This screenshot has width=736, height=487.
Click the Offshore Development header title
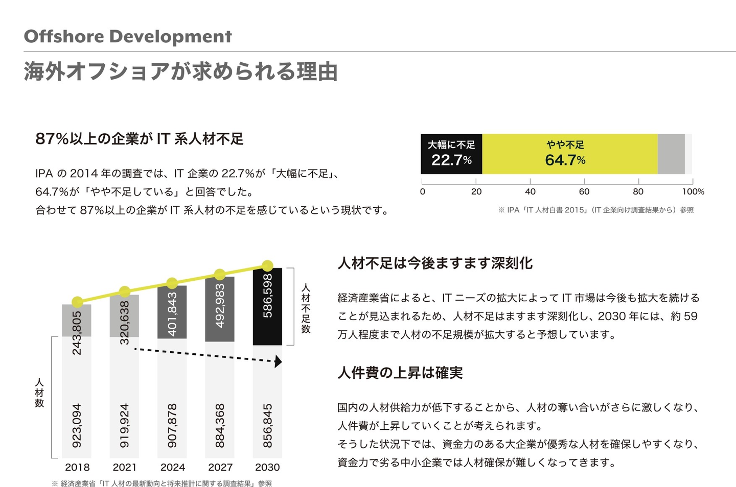[x=128, y=37]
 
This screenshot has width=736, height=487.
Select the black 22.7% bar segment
[x=451, y=154]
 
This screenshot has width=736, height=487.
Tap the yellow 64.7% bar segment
[x=569, y=154]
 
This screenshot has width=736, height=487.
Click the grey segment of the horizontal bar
[x=671, y=154]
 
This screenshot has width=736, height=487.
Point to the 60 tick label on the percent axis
[x=584, y=192]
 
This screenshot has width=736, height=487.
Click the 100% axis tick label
[x=693, y=192]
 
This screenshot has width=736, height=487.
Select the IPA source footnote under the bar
[x=596, y=210]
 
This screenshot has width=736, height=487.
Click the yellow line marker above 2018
[x=77, y=302]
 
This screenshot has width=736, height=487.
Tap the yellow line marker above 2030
[x=267, y=265]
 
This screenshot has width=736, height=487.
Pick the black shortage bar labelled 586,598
[x=267, y=306]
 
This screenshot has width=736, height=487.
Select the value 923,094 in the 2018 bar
[x=77, y=426]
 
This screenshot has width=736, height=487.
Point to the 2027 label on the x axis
[x=220, y=467]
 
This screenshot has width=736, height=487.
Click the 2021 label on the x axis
[x=125, y=467]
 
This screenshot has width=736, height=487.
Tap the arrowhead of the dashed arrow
[x=278, y=362]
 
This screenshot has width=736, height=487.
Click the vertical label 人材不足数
[x=306, y=308]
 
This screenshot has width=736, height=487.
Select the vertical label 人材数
[x=39, y=393]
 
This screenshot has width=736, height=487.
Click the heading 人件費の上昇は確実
[x=400, y=373]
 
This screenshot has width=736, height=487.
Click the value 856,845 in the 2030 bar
[x=267, y=426]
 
